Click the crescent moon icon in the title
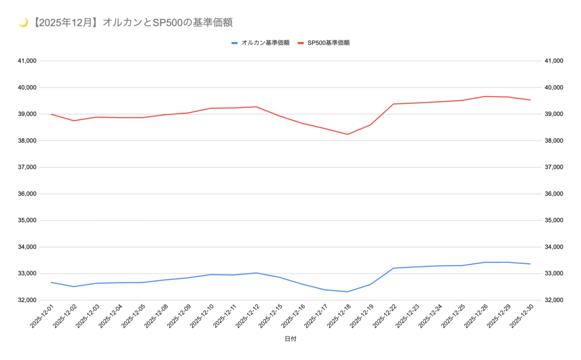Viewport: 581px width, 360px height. (x=23, y=23)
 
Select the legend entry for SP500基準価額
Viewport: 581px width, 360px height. (x=327, y=43)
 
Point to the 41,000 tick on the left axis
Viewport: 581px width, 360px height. (x=28, y=61)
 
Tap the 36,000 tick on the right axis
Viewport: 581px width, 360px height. (x=553, y=194)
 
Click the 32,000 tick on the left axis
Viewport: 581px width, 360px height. (x=28, y=300)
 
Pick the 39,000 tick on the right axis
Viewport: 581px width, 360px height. (x=553, y=114)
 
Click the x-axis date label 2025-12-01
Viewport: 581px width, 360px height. (x=40, y=317)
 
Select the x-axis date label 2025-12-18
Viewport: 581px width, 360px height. (x=336, y=317)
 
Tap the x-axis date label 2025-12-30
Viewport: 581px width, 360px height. (x=519, y=317)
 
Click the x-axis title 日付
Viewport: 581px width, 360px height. (x=290, y=339)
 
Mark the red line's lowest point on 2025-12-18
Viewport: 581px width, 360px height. (x=347, y=135)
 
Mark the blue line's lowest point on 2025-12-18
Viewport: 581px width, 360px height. (x=347, y=292)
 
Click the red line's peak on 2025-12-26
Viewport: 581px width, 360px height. (x=485, y=97)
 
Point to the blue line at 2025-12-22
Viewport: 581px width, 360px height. (x=393, y=268)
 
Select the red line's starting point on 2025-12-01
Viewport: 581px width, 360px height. (x=51, y=114)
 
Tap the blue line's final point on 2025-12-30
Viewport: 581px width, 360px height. (x=530, y=264)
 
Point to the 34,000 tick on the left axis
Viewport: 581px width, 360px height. (x=28, y=247)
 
